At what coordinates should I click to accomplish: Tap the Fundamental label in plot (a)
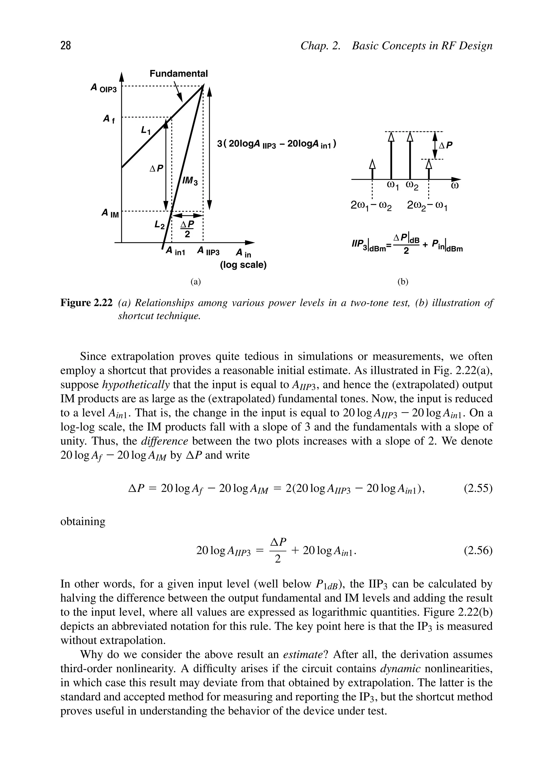click(x=178, y=74)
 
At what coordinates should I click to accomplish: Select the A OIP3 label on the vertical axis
click(x=103, y=88)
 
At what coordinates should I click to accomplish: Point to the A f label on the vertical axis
click(x=109, y=119)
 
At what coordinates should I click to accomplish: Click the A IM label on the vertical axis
click(x=110, y=214)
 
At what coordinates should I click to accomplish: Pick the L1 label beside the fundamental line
click(x=146, y=130)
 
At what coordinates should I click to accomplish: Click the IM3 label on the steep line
click(x=190, y=181)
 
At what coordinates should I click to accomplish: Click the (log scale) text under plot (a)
click(x=243, y=265)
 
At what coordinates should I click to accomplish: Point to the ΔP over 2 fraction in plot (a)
click(x=187, y=229)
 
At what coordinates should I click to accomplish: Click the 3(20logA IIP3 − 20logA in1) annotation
click(x=277, y=144)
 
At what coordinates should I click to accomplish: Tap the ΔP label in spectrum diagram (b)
click(x=446, y=145)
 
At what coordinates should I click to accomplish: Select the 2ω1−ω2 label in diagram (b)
click(x=371, y=206)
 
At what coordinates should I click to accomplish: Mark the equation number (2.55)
click(x=478, y=489)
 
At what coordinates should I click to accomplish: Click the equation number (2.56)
click(x=478, y=550)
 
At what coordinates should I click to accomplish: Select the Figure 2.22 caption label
click(x=86, y=302)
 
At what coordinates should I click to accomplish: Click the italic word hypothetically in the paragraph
click(x=136, y=385)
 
